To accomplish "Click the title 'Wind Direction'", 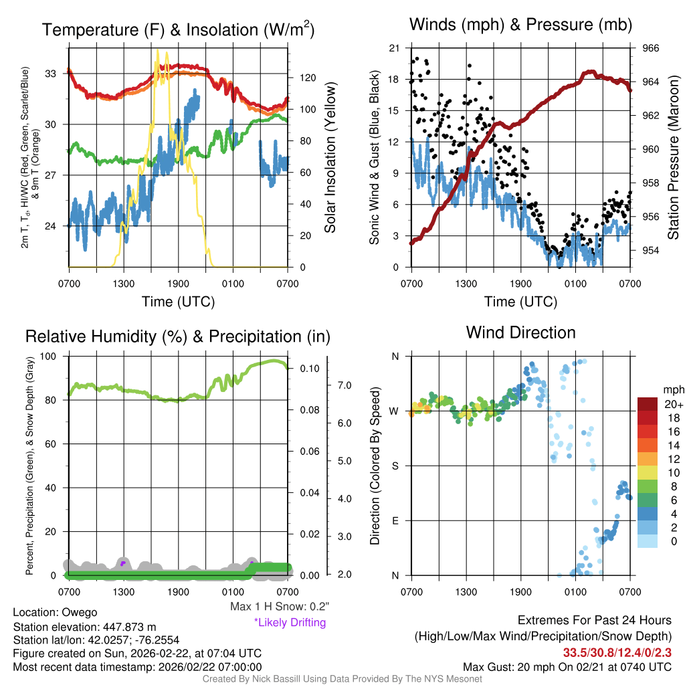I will (x=520, y=332).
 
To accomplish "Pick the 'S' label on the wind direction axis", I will (x=395, y=466).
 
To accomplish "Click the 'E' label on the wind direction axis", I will (x=395, y=520).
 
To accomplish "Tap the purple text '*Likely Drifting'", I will (x=290, y=622).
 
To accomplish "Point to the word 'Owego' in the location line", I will (x=80, y=612).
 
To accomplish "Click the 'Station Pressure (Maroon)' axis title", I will (x=673, y=158).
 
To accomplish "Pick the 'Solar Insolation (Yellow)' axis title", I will (x=329, y=158).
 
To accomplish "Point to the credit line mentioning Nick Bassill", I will (x=342, y=679).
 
